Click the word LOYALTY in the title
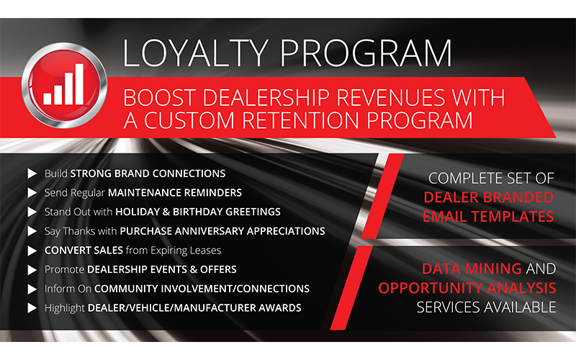pos(195,53)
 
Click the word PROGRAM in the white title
pos(366,53)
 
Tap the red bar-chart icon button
pos(64,85)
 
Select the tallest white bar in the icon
pos(79,84)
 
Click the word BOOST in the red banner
pos(159,98)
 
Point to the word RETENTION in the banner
pos(300,120)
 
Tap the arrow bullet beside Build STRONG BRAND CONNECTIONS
pos(32,174)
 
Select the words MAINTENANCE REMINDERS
pos(175,193)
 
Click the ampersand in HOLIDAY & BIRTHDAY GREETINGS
pos(166,212)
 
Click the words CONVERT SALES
pos(84,250)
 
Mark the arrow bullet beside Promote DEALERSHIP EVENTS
pos(32,269)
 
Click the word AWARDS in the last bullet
pos(280,308)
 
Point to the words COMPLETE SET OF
pos(491,179)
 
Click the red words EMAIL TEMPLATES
pos(488,217)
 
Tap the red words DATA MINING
pos(472,269)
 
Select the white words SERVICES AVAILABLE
pos(487,307)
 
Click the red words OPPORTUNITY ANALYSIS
pos(467,288)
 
